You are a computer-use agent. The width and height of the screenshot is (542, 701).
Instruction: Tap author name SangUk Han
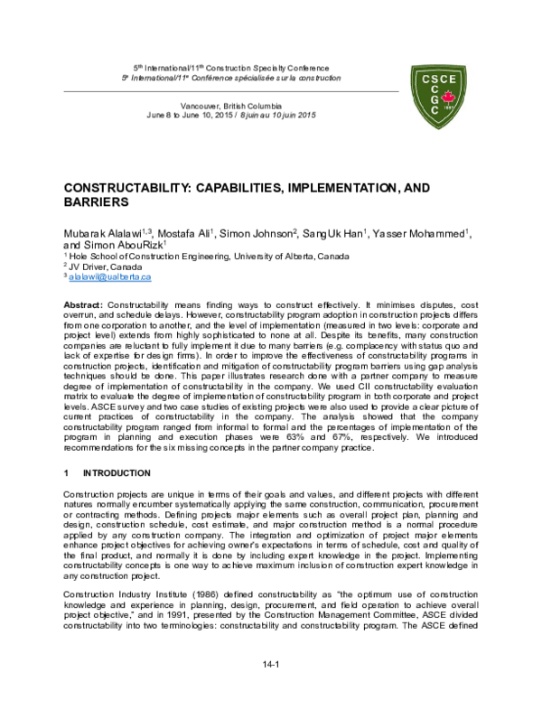click(x=332, y=233)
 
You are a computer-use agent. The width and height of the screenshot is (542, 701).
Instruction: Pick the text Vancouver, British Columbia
click(x=229, y=106)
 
